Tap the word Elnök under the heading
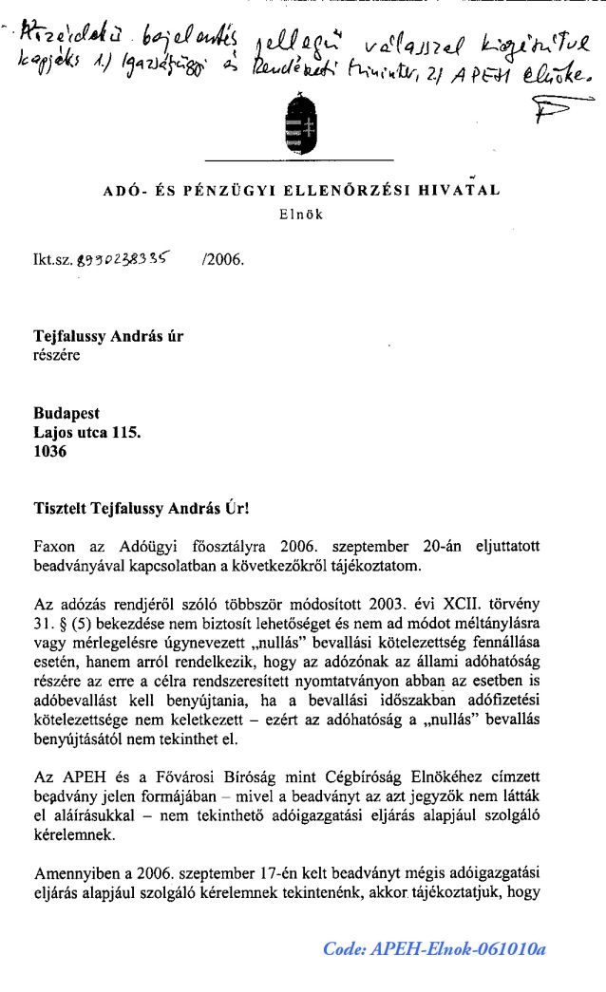coord(301,215)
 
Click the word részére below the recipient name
coord(57,356)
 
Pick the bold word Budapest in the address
coord(66,414)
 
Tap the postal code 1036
coord(50,453)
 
